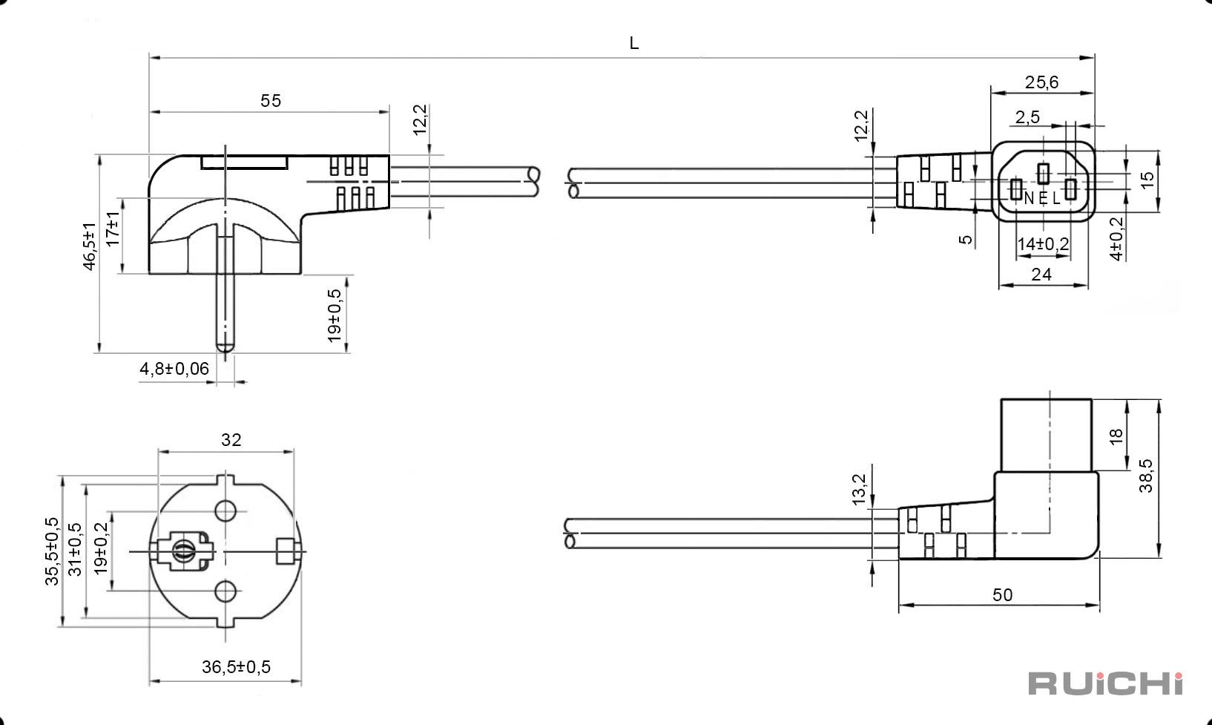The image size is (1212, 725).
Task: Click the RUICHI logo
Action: click(x=1105, y=683)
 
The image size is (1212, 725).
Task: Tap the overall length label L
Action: click(x=634, y=43)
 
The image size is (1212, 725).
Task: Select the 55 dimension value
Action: click(x=271, y=101)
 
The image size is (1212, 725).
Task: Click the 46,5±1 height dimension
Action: click(x=89, y=246)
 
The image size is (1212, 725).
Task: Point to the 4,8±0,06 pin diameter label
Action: click(x=174, y=369)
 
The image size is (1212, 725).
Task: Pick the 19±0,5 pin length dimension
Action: click(x=335, y=315)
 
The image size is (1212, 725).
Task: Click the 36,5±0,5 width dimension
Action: click(x=236, y=667)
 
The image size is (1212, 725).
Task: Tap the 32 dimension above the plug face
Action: click(x=231, y=440)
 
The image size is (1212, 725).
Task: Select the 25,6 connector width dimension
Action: click(x=1041, y=82)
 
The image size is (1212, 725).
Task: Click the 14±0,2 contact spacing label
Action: click(x=1043, y=244)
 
